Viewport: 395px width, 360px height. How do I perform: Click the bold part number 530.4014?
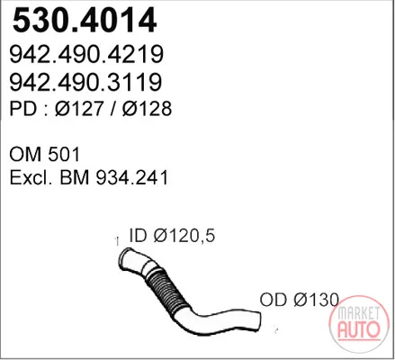tap(85, 21)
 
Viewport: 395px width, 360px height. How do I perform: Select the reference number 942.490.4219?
tap(86, 54)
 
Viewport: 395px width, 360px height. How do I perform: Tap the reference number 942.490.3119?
tap(85, 82)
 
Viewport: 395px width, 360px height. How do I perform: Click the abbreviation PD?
tap(22, 109)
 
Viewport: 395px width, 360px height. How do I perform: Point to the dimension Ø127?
tap(79, 109)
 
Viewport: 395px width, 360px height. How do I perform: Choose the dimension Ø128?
tap(147, 109)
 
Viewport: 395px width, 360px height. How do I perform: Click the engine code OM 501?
tap(45, 155)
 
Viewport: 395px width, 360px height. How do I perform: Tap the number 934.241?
tap(132, 177)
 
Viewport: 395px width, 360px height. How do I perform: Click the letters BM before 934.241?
tap(75, 177)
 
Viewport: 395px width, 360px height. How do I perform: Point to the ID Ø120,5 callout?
tap(172, 236)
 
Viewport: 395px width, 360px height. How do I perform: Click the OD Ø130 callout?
tap(300, 300)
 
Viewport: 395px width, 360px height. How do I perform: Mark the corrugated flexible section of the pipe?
tap(165, 290)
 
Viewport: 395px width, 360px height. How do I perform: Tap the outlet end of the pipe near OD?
tap(256, 321)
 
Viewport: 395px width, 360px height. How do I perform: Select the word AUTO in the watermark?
tap(359, 329)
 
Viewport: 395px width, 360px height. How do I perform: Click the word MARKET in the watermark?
tap(359, 313)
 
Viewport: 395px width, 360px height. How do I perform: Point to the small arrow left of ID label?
tap(117, 241)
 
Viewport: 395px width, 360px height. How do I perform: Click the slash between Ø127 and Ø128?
tap(113, 109)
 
